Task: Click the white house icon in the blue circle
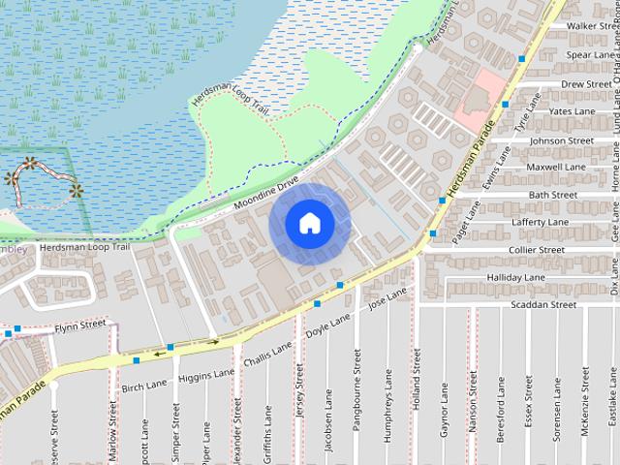coord(308,223)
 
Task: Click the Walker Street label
coord(593,26)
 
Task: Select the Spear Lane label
coord(592,55)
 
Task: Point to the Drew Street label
coord(586,84)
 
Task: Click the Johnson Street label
coord(561,140)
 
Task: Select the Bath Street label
coord(553,196)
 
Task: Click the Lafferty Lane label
coord(544,223)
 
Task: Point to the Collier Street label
coord(537,250)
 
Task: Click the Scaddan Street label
coord(542,305)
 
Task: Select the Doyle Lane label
coord(327,327)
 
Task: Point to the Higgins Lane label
coord(207,376)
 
